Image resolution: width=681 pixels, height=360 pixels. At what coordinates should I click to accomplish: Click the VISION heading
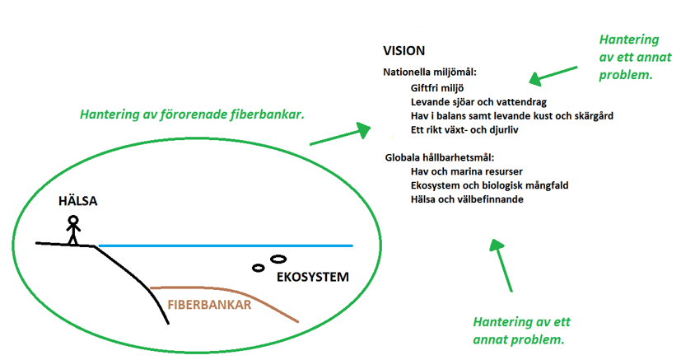(x=403, y=51)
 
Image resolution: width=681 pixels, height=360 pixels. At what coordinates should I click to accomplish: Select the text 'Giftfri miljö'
(x=437, y=86)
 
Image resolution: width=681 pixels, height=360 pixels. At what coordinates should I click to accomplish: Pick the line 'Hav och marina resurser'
(x=462, y=171)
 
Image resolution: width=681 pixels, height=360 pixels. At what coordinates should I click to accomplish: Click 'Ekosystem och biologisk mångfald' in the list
(x=487, y=185)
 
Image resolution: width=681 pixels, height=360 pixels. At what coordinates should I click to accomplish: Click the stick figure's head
(x=73, y=221)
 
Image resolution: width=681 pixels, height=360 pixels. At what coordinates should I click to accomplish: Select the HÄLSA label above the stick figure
(x=78, y=201)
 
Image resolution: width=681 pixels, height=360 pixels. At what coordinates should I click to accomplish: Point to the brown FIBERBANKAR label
(x=209, y=303)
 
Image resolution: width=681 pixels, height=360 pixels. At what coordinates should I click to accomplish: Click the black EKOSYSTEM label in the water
(x=313, y=276)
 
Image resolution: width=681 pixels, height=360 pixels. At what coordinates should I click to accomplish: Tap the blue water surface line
(x=222, y=245)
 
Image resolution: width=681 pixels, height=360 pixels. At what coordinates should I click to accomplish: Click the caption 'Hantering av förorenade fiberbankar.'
(x=192, y=115)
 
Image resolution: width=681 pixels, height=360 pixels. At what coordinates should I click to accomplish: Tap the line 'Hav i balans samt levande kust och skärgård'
(x=511, y=115)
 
